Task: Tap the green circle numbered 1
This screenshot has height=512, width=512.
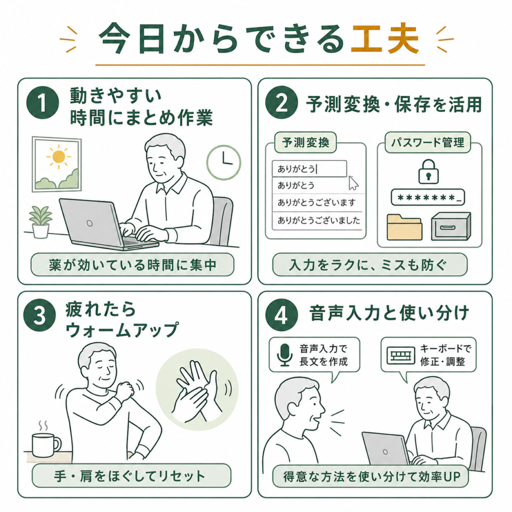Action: coord(42,102)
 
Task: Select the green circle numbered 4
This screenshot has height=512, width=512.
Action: coord(281,315)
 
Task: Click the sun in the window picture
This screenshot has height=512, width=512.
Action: coord(58,156)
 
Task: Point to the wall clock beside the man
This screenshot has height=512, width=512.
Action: coord(223,162)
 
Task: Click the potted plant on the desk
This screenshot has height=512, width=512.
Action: coord(40,221)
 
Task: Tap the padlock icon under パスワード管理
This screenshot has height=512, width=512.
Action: coord(428,171)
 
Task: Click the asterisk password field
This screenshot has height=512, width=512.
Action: coord(428,197)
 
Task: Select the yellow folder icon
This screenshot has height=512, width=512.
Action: coord(404,227)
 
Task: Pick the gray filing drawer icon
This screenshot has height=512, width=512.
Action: coord(451,226)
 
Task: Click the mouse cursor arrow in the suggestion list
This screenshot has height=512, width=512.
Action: coord(353,183)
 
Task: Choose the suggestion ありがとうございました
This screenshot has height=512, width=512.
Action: coord(318,220)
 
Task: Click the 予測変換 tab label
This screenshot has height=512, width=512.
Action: coord(305,142)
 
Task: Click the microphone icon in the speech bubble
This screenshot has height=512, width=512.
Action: coord(284,355)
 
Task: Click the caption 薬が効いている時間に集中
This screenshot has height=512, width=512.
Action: coord(132,265)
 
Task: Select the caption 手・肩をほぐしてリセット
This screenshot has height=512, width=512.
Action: coord(130,476)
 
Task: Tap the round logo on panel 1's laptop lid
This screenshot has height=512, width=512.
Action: coord(89,223)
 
